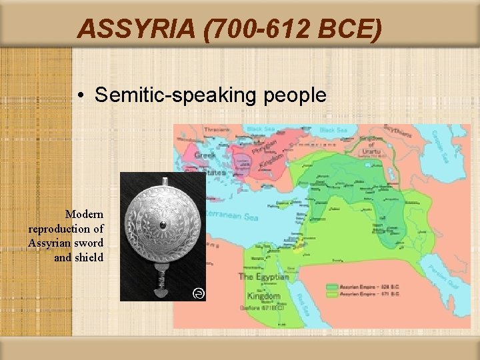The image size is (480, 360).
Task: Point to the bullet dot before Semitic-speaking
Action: [79, 95]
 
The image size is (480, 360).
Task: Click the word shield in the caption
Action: [89, 257]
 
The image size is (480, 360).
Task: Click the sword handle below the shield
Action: [161, 283]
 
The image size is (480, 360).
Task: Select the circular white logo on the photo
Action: [198, 293]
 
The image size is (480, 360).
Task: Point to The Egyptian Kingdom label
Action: [263, 285]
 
